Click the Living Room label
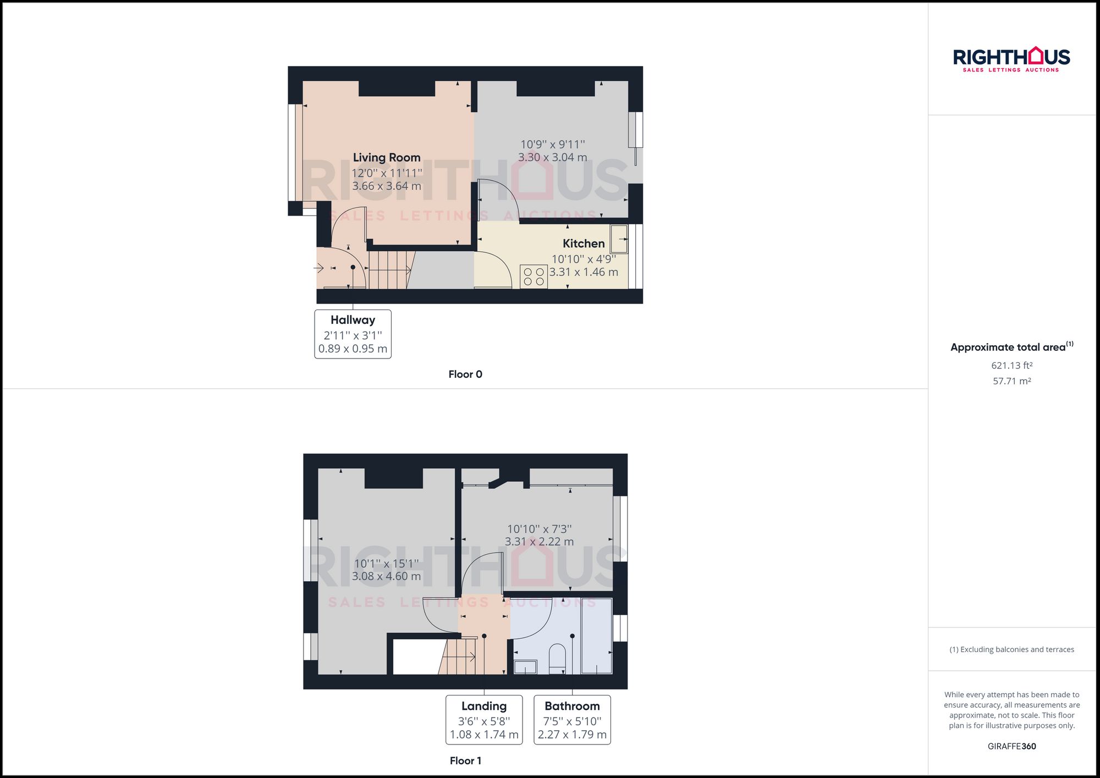point(386,158)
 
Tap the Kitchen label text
point(583,244)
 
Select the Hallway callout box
point(353,334)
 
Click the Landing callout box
point(483,720)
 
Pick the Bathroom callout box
point(572,720)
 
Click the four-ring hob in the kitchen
point(533,277)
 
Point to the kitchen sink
point(619,239)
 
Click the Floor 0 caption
point(465,374)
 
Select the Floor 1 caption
point(465,761)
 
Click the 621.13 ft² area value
point(1011,366)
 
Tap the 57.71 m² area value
point(1011,381)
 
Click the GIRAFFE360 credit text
point(1011,746)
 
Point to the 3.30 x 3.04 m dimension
point(552,157)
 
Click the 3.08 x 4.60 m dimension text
point(386,576)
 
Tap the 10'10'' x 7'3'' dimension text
point(539,529)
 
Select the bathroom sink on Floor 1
point(525,667)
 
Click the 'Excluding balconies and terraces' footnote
point(1011,649)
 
